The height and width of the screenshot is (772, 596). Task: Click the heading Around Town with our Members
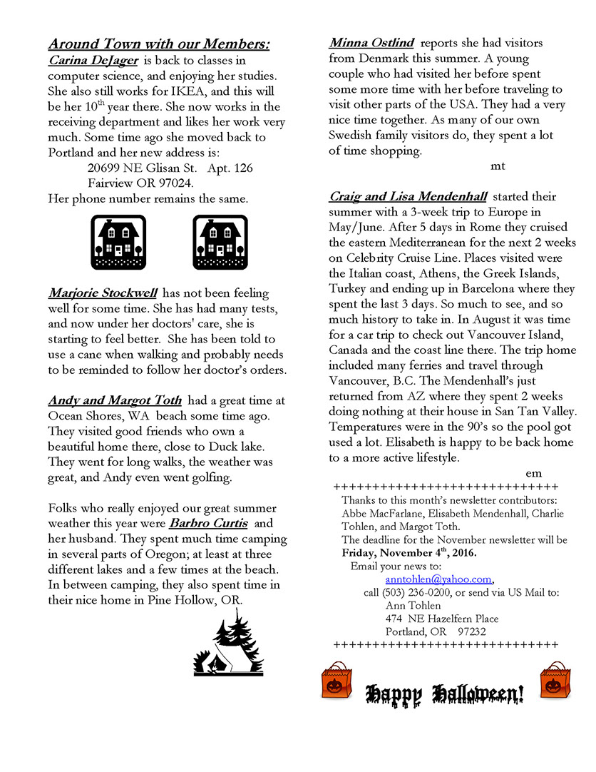click(x=159, y=44)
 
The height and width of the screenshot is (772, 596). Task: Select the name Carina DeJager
click(x=93, y=61)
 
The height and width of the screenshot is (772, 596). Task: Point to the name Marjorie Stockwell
click(x=103, y=293)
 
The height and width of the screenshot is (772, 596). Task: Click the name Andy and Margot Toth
click(x=115, y=400)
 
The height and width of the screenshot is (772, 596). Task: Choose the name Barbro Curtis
click(x=209, y=523)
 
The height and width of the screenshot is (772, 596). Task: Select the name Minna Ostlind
click(x=372, y=43)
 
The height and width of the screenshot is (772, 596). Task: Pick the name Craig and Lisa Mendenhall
click(x=408, y=196)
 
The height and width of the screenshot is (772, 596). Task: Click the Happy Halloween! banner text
click(x=445, y=693)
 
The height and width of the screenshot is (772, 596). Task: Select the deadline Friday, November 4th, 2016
click(x=409, y=553)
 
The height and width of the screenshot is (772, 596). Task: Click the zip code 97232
click(x=472, y=631)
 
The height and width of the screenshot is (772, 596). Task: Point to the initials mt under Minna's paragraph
click(x=498, y=166)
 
